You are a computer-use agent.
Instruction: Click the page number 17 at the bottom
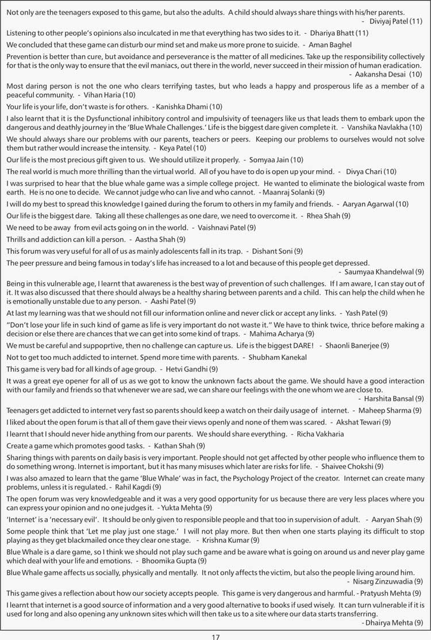coord(215,636)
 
